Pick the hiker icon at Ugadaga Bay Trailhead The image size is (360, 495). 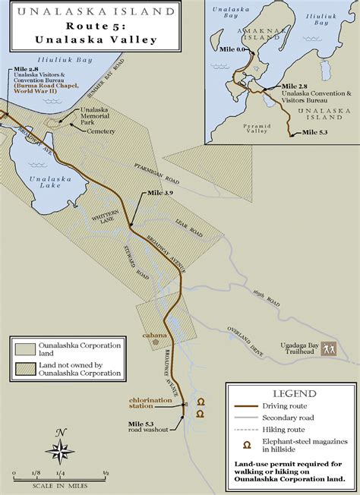click(x=329, y=350)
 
